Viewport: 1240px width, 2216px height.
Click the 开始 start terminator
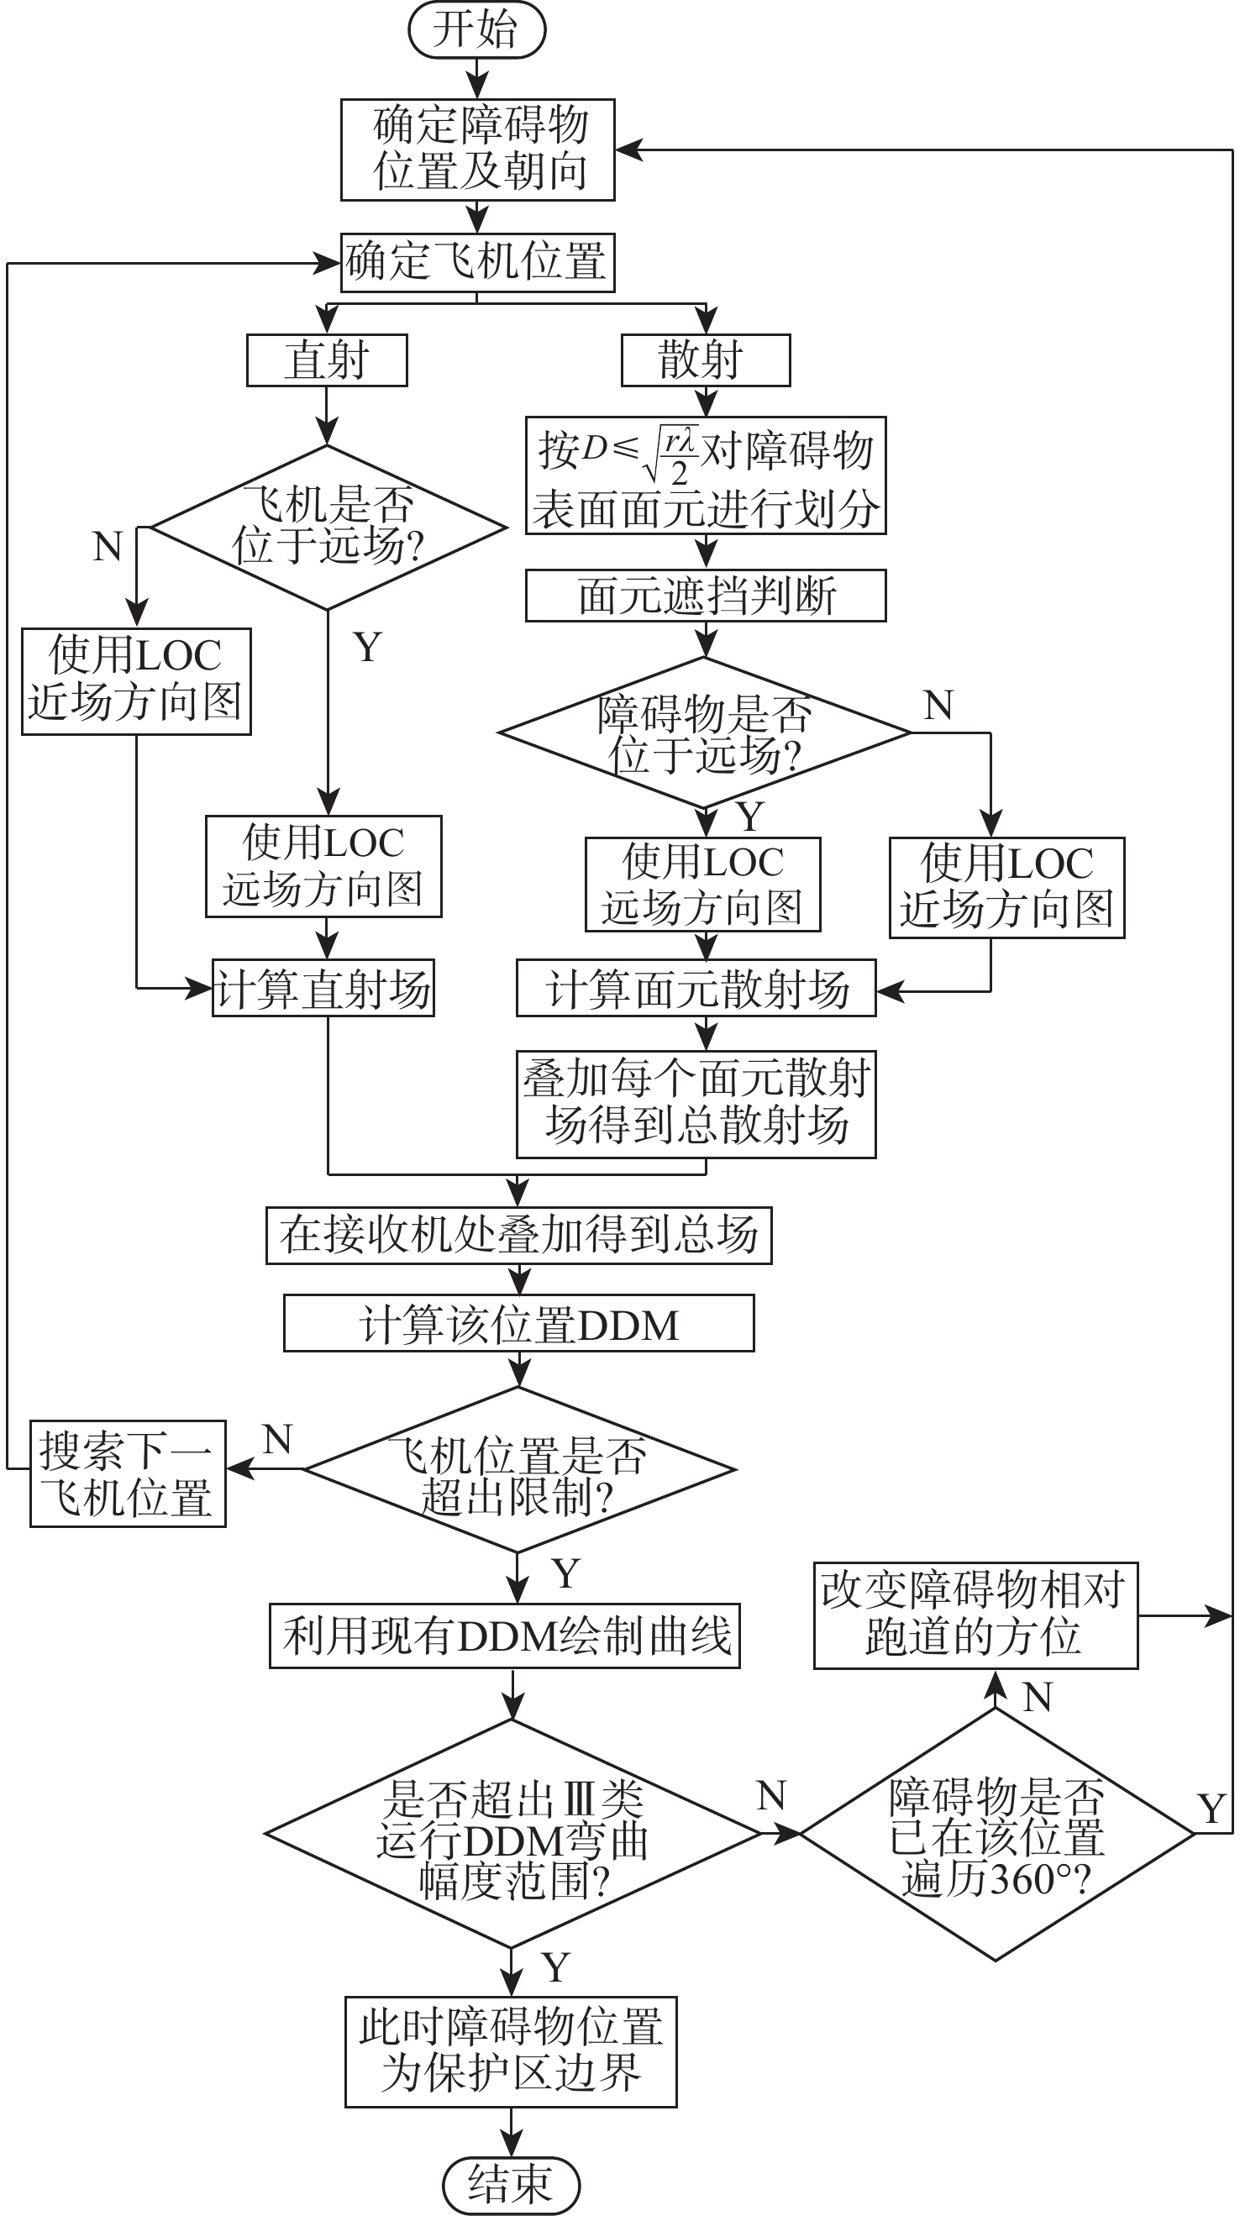[x=476, y=30]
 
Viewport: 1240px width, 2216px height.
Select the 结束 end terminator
[x=511, y=2184]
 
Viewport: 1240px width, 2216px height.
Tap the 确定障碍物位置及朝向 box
[x=477, y=150]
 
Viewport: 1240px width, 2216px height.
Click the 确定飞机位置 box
[x=477, y=262]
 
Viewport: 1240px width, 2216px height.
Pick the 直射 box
[x=327, y=360]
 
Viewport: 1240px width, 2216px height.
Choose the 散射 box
[x=706, y=360]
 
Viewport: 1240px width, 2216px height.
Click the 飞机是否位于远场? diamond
[x=328, y=528]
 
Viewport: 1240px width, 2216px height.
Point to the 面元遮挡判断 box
[x=706, y=596]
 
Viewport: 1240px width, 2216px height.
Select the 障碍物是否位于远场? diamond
[x=705, y=733]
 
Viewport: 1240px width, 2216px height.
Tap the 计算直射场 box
[x=323, y=989]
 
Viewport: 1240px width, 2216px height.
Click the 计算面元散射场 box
[x=696, y=989]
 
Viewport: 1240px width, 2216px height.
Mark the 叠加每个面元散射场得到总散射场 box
[x=696, y=1104]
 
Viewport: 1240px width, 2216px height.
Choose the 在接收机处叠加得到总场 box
[x=519, y=1236]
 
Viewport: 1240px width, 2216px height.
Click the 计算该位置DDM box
[x=519, y=1324]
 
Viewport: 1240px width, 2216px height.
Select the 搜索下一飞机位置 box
[x=129, y=1473]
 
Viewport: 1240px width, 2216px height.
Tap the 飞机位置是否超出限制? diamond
[x=519, y=1469]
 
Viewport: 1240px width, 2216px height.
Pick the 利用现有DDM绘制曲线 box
[x=505, y=1636]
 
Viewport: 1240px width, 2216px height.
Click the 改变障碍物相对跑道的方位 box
[x=976, y=1616]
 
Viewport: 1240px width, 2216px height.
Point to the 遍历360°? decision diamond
[x=996, y=1834]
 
